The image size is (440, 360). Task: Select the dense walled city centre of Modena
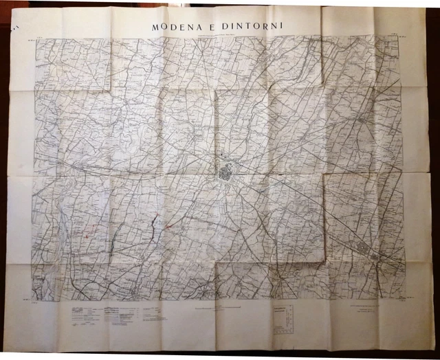click(227, 172)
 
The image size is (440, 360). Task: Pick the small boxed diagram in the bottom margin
click(283, 317)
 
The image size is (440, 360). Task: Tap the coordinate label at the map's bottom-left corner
click(30, 300)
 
